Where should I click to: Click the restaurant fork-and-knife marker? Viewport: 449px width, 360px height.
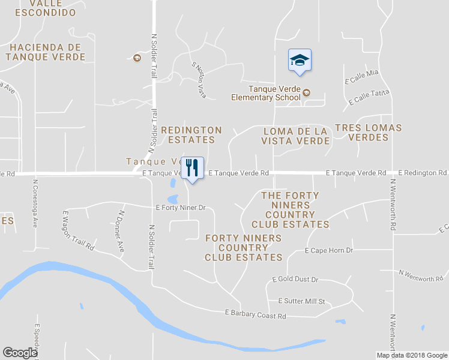192,167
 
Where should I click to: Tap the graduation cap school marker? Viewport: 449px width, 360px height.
300,60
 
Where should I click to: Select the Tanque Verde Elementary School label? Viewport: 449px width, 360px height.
266,93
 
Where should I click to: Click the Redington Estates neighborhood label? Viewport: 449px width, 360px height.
191,135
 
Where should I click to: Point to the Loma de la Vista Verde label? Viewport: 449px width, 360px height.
295,136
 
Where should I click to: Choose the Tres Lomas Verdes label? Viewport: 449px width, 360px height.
368,133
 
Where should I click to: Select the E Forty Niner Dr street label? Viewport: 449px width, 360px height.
181,208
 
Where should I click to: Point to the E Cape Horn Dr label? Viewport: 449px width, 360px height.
329,250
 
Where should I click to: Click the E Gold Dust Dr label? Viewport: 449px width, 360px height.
295,280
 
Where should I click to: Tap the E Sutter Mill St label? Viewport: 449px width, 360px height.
301,301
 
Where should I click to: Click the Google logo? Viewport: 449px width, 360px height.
20,353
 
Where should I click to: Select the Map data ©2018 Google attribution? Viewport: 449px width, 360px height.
412,355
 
